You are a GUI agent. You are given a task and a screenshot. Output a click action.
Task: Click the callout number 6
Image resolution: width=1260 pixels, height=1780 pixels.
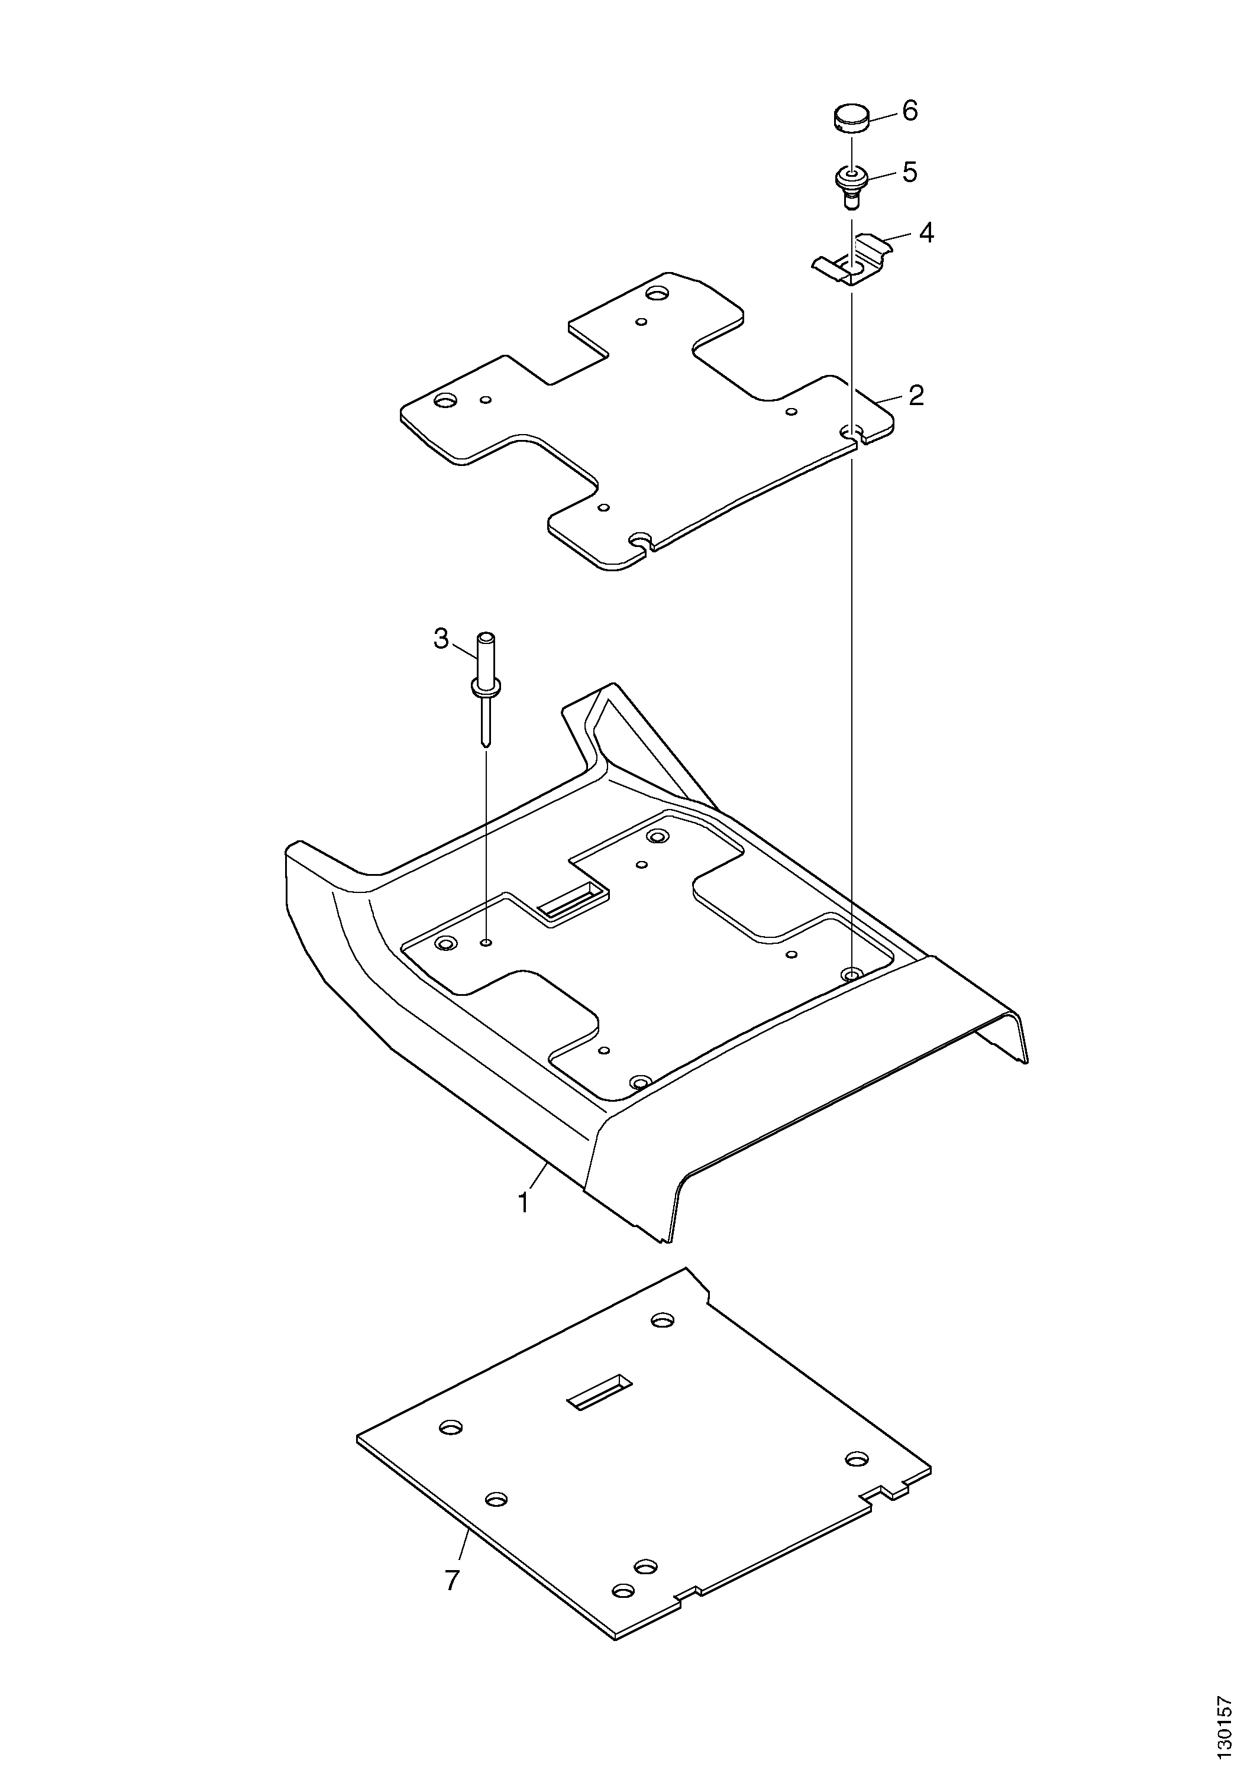910,112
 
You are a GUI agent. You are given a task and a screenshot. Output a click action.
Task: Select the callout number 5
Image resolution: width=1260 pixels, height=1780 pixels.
909,172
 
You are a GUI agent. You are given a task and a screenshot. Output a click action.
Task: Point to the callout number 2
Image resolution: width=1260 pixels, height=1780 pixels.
916,396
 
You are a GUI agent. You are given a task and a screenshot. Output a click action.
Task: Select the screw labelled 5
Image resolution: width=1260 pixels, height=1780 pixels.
851,187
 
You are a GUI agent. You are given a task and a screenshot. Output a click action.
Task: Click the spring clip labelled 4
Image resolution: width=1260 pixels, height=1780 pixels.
852,259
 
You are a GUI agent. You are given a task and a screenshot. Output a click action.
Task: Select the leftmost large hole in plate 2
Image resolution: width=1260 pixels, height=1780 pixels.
446,401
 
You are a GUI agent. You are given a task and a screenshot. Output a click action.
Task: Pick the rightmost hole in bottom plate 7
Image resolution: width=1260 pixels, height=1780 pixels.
856,1459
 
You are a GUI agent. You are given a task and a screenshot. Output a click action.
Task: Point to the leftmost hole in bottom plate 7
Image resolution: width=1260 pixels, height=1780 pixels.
451,1427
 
